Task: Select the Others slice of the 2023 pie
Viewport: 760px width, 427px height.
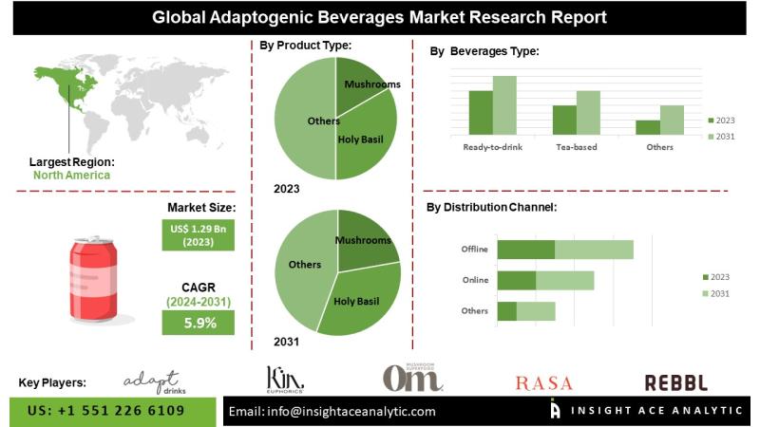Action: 304,121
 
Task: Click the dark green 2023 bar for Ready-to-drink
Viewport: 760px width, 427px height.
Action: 481,112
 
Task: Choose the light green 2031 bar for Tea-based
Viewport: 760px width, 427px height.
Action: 588,112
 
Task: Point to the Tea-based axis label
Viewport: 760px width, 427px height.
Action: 576,147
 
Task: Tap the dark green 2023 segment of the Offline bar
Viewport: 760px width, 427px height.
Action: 525,250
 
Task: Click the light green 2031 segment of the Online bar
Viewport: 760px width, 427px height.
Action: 564,280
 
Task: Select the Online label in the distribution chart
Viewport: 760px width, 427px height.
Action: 474,280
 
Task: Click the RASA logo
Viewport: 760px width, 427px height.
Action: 543,383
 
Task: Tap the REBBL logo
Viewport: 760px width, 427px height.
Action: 675,382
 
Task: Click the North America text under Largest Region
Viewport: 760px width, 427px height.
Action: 71,175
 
